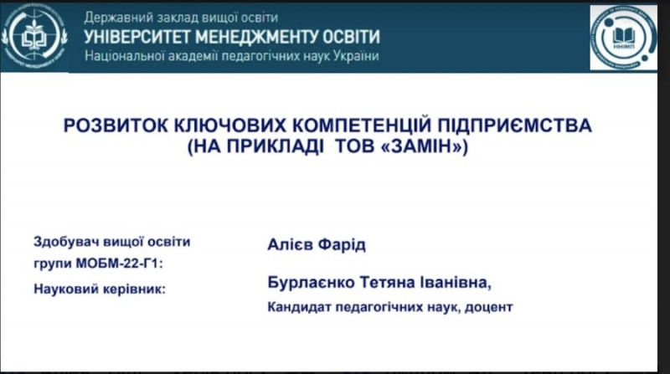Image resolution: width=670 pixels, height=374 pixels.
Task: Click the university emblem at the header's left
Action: [34, 37]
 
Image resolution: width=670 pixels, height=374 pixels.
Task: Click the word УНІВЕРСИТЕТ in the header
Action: [135, 37]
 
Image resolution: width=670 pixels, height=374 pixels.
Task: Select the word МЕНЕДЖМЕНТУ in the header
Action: [255, 37]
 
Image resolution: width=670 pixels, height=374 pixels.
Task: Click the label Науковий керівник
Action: [99, 289]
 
